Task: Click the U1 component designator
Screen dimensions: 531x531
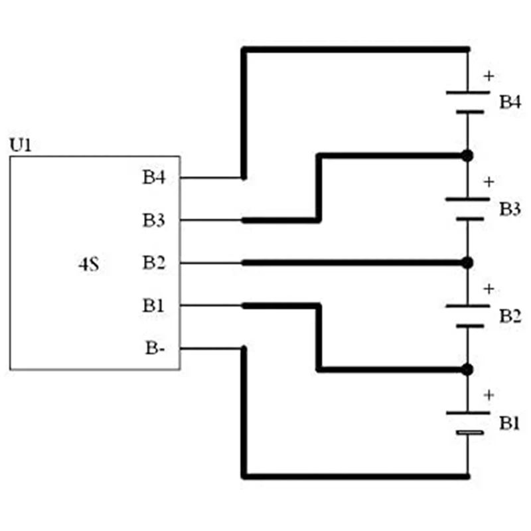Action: tap(21, 144)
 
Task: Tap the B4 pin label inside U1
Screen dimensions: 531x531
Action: tap(153, 178)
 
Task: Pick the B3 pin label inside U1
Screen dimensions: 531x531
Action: tap(153, 220)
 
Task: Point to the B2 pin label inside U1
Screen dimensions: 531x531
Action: tap(153, 263)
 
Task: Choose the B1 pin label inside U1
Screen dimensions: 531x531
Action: tap(153, 306)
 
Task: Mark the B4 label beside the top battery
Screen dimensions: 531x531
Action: tap(510, 102)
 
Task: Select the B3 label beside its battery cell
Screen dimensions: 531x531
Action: tap(510, 209)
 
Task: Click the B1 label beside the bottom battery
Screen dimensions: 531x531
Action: tap(510, 423)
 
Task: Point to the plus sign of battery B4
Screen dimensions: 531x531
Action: tap(489, 76)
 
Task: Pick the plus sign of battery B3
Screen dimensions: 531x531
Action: tap(489, 182)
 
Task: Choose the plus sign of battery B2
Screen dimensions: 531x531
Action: tap(489, 289)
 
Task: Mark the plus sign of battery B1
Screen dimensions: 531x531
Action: tap(489, 396)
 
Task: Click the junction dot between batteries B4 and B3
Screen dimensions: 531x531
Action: tap(467, 156)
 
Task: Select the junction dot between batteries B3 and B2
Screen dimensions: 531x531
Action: tap(467, 263)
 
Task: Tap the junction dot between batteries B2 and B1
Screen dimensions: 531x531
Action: tap(467, 369)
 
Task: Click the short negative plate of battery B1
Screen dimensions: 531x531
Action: tap(469, 433)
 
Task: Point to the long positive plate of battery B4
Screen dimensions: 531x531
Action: tap(469, 92)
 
